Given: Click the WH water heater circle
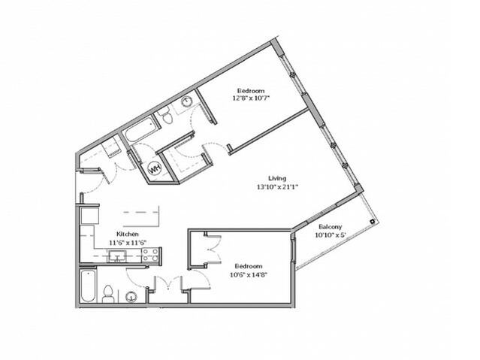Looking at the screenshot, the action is point(155,168).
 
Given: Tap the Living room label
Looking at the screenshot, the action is point(277,178).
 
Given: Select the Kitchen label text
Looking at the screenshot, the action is point(128,234).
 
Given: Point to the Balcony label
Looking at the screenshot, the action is point(331,227).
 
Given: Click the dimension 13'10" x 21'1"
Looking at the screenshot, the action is point(277,186).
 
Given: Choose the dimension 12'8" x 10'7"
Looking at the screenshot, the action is point(251,98).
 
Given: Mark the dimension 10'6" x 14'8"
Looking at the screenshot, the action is point(249,274).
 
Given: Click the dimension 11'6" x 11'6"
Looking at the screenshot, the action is point(128,242).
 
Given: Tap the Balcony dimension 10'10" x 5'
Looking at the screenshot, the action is point(330,235).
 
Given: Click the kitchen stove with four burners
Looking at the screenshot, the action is point(151,255).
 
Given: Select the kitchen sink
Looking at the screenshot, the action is point(116,256).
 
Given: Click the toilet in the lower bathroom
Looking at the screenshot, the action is point(108,294).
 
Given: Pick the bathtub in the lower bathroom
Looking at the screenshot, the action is point(88,286).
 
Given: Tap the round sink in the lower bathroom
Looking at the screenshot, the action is point(131,297).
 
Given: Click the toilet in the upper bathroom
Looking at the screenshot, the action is point(167,116).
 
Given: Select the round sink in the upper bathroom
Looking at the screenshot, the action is point(187,101).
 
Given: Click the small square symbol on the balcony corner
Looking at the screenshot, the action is point(372,221).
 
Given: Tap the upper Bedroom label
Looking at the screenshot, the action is point(251,91).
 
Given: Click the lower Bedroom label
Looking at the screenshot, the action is point(249,266).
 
